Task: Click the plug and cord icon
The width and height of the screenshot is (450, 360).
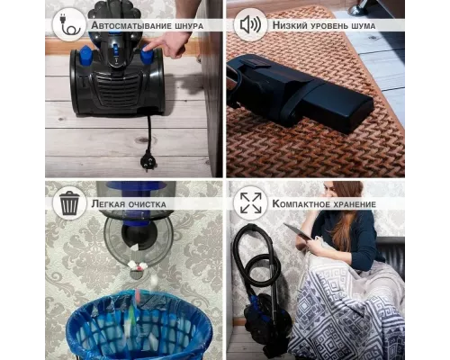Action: click(69, 25)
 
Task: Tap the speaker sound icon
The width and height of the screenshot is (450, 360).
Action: click(250, 25)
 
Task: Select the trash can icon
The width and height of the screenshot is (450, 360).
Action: click(69, 203)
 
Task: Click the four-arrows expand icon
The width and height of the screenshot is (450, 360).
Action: click(251, 203)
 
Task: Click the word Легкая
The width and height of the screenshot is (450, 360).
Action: click(107, 204)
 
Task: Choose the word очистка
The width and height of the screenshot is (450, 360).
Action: click(147, 204)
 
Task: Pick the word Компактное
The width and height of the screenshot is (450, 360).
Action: click(298, 204)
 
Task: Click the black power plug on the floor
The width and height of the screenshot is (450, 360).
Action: click(147, 161)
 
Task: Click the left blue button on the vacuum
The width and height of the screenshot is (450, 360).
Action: click(85, 55)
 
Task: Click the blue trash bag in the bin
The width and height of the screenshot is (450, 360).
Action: click(139, 324)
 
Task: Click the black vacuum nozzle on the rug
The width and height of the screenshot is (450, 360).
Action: click(300, 93)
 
